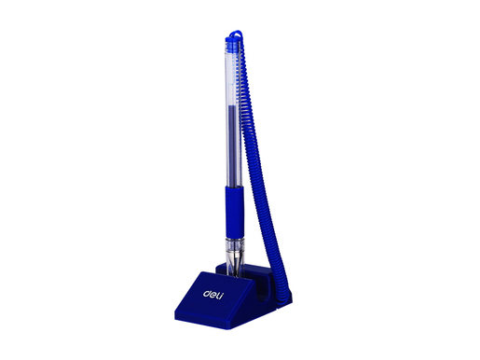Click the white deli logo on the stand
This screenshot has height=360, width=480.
[213, 295]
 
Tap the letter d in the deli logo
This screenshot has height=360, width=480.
[206, 293]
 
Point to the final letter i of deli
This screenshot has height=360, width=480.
[221, 296]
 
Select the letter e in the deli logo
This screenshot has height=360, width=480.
[213, 295]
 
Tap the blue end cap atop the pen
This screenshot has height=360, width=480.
[233, 44]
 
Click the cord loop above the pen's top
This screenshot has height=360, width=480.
[236, 33]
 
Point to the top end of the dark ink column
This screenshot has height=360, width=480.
[234, 105]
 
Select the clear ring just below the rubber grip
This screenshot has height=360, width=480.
[235, 243]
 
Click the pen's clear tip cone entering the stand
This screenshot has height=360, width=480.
[235, 263]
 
